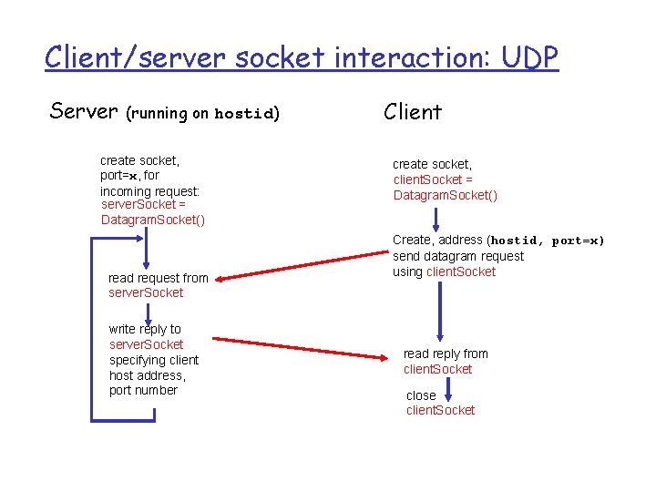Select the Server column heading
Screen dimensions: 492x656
point(84,111)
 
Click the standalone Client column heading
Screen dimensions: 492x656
point(413,112)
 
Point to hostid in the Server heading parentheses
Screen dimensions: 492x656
point(243,115)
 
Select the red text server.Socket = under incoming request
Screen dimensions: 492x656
point(144,205)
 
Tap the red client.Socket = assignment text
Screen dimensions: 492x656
point(433,179)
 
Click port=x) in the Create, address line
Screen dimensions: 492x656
point(578,241)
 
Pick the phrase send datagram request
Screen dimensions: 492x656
point(458,256)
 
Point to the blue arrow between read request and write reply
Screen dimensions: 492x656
point(147,312)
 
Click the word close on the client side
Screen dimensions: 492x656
point(421,395)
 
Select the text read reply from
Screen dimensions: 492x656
point(446,354)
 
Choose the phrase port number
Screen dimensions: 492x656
point(143,390)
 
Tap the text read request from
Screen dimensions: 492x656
point(158,278)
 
